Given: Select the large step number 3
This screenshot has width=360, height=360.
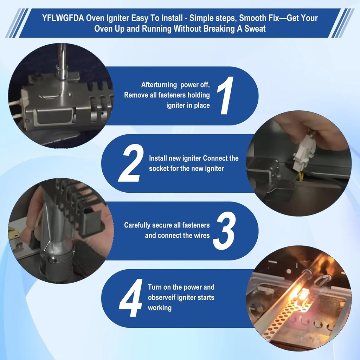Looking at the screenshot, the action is click(225, 231).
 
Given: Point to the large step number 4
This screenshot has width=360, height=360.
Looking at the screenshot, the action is click(131, 298).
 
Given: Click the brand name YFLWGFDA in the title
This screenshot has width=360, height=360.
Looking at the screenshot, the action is click(63, 18).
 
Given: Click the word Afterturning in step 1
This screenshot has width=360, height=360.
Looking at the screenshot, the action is click(159, 85).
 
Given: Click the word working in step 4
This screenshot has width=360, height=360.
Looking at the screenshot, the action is click(160, 308).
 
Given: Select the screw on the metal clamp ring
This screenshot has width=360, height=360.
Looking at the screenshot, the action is click(52, 260).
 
